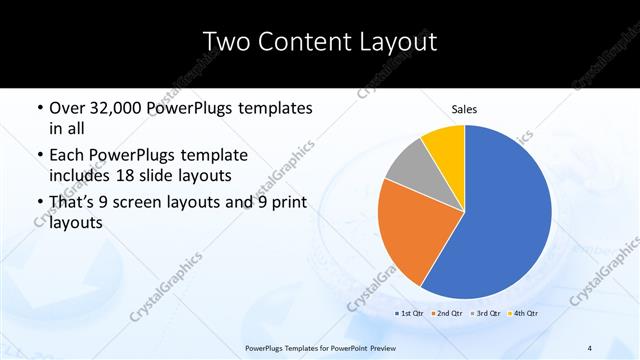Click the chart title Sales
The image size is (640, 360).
(464, 107)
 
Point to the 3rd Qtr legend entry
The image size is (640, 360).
(483, 314)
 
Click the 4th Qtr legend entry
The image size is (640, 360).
(521, 314)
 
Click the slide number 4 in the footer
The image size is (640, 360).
(590, 348)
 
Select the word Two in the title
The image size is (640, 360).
(225, 42)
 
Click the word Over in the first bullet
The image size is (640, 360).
(68, 108)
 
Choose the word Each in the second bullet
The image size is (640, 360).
(68, 156)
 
